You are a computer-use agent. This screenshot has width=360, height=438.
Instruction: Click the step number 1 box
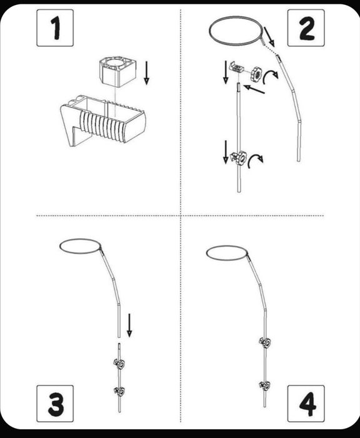pyautogui.click(x=55, y=28)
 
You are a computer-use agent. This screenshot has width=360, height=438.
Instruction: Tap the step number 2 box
pyautogui.click(x=306, y=28)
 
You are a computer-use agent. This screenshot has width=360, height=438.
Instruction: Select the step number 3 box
pyautogui.click(x=55, y=404)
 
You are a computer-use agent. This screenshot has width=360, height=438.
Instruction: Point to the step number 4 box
pyautogui.click(x=306, y=404)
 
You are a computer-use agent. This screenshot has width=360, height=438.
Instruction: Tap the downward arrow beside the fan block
pyautogui.click(x=146, y=73)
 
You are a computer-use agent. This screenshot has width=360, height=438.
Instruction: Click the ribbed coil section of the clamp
pyautogui.click(x=102, y=125)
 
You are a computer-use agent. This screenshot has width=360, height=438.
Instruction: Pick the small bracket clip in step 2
pyautogui.click(x=237, y=68)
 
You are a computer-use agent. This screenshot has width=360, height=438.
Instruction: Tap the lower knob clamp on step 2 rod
pyautogui.click(x=239, y=158)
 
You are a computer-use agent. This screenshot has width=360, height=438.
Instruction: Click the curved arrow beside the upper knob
pyautogui.click(x=270, y=76)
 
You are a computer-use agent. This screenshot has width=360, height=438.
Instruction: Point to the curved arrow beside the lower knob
pyautogui.click(x=255, y=161)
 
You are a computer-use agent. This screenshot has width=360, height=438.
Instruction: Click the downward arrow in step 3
pyautogui.click(x=129, y=325)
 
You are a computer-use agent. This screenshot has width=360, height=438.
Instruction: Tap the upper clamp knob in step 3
pyautogui.click(x=119, y=364)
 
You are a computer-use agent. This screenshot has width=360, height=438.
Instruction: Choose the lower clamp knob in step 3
pyautogui.click(x=120, y=391)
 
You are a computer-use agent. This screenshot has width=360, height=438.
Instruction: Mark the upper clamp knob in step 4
pyautogui.click(x=265, y=342)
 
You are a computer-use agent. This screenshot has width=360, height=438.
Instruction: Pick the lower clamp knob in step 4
pyautogui.click(x=264, y=386)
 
